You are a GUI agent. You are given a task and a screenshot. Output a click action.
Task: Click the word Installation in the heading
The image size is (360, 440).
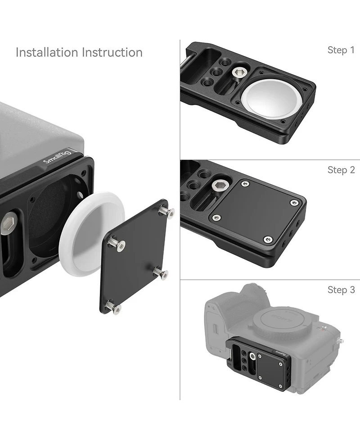click(x=47, y=52)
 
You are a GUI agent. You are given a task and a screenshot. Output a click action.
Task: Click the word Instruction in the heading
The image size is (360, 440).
click(x=112, y=52)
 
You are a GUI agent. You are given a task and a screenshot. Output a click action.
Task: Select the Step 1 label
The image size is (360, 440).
click(x=341, y=50)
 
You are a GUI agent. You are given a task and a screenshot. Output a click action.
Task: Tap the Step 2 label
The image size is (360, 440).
click(x=341, y=170)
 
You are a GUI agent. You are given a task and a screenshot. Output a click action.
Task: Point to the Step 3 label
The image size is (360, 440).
click(x=341, y=290)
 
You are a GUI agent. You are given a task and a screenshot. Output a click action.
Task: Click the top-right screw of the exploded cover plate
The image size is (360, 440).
click(x=167, y=211)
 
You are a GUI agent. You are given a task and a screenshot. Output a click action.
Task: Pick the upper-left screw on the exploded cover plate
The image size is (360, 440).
click(x=117, y=245)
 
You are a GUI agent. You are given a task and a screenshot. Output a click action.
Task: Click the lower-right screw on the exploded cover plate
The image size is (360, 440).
click(x=161, y=273)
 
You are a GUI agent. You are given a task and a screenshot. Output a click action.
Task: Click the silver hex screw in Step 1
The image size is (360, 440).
click(x=238, y=72)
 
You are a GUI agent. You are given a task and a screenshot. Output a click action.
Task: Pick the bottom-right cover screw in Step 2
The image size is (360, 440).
click(x=268, y=239)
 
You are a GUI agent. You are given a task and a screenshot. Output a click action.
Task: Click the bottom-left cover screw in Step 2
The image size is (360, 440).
click(x=217, y=217)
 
